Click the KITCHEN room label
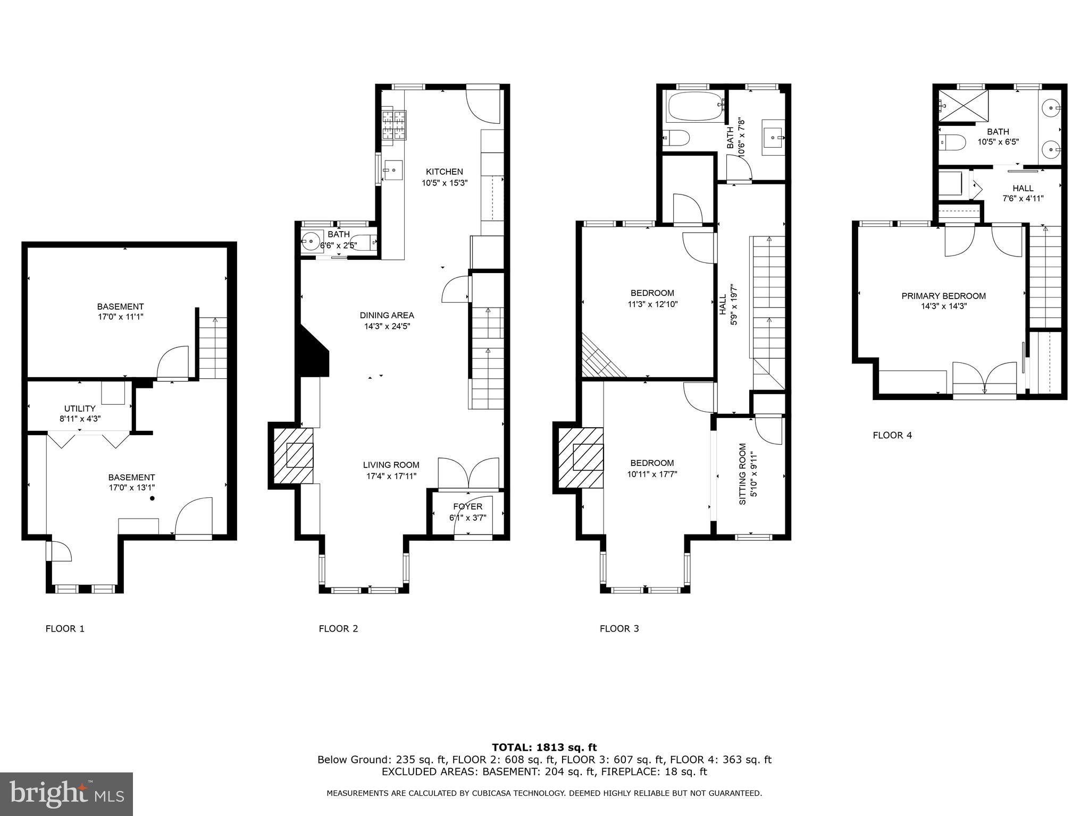pos(444,172)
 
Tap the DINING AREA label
pos(387,315)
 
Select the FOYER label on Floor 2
pos(467,506)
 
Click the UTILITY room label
pos(80,408)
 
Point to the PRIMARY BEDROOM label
pos(943,296)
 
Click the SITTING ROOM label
pos(743,474)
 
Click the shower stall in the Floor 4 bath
pos(963,106)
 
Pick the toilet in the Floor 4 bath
pos(952,142)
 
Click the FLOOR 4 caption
pos(892,435)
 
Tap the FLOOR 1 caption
pos(65,628)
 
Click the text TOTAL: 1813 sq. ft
pos(544,747)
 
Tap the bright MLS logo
pos(66,794)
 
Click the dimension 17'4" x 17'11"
pos(391,476)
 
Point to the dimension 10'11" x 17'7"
pos(652,474)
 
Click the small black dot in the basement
pos(152,498)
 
